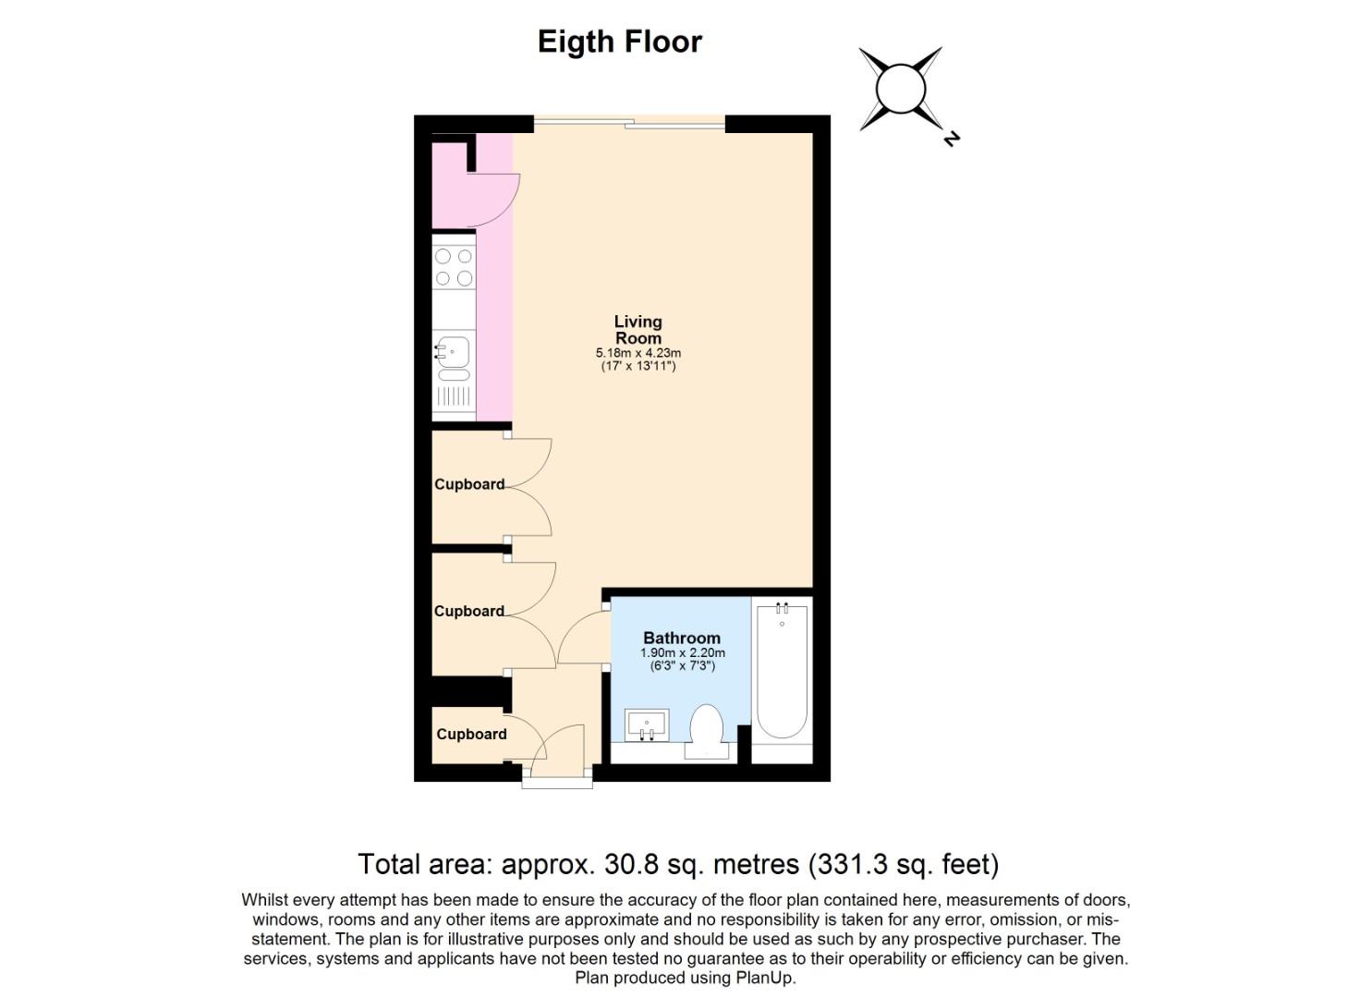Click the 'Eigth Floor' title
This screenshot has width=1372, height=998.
pos(619,43)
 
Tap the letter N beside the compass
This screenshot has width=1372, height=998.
pos(951,139)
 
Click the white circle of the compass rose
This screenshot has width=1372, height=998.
pos(901,90)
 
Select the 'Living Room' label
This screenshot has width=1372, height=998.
pos(638,330)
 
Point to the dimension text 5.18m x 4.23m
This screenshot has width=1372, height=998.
pos(638,354)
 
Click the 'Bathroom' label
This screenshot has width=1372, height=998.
pos(682,638)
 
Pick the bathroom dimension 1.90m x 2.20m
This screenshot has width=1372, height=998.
pos(683,653)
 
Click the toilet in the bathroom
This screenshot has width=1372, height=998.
pos(706,731)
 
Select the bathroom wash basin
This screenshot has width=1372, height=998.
pos(647,724)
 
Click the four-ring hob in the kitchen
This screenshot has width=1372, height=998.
pos(454,267)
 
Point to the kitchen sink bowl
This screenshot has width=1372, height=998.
pos(453,351)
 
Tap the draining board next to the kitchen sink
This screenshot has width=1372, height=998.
pos(454,398)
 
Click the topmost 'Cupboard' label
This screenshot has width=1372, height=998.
pos(469,484)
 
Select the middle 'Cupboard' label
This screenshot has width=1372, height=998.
pos(469,611)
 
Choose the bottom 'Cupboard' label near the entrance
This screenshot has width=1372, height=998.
pos(471,734)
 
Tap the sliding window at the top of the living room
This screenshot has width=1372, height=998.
pos(630,124)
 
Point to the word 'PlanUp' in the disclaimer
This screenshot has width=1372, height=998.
pos(767,978)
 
